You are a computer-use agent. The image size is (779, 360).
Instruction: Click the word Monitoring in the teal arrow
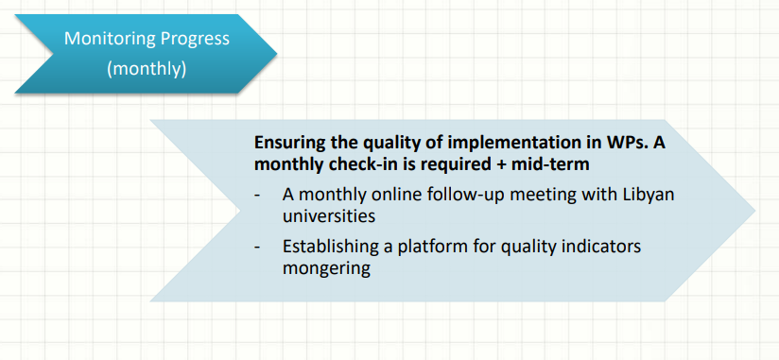[103, 39]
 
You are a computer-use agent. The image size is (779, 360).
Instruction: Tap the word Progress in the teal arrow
[188, 40]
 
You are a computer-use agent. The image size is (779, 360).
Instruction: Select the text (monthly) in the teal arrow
[147, 69]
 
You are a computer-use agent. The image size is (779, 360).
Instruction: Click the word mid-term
[553, 163]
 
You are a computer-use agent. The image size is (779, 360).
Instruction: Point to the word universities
[328, 216]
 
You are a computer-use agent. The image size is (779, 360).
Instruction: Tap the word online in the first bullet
[396, 194]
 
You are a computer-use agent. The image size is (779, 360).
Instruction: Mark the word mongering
[326, 268]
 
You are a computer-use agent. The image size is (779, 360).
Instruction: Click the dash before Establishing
[257, 248]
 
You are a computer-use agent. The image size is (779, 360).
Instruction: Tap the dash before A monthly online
[257, 197]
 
